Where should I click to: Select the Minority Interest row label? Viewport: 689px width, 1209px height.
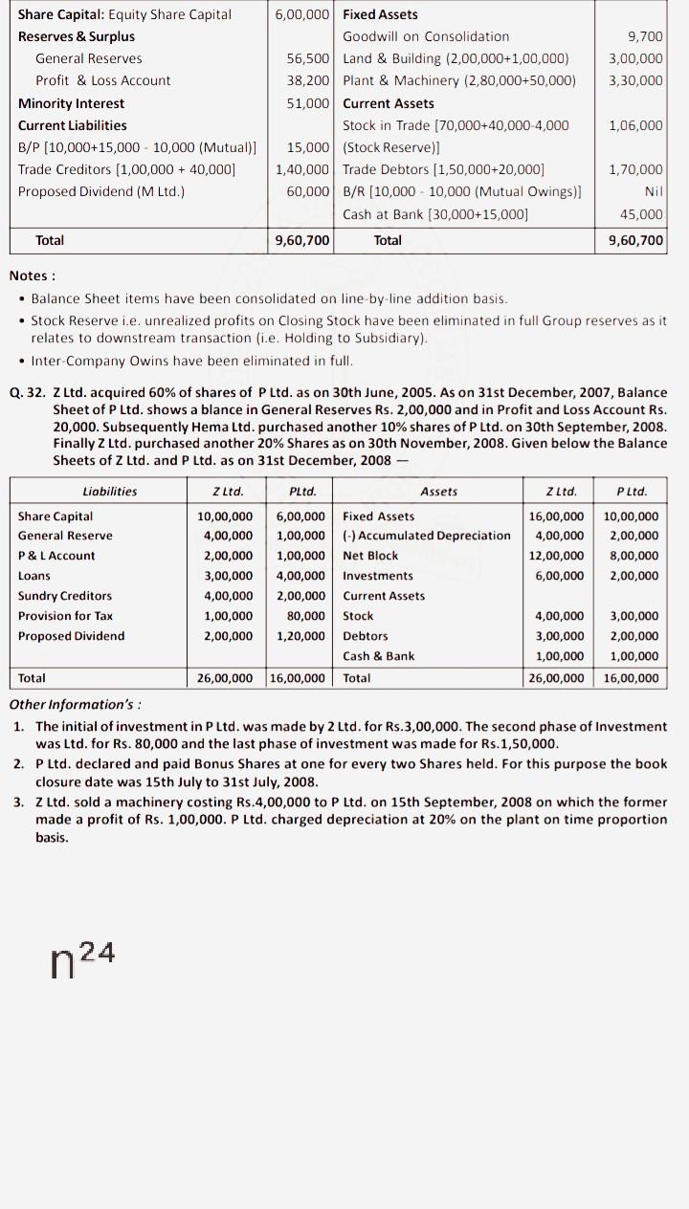click(71, 103)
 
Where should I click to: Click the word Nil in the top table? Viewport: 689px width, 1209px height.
click(654, 192)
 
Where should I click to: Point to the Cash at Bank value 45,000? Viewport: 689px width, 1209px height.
click(641, 214)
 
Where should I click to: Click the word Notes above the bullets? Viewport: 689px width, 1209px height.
click(32, 276)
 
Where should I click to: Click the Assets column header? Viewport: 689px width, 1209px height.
click(438, 492)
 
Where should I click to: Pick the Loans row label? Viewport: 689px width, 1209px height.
click(34, 576)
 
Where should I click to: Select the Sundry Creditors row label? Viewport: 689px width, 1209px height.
click(64, 596)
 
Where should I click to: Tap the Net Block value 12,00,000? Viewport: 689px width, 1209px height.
click(556, 556)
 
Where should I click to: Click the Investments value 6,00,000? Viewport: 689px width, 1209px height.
click(556, 576)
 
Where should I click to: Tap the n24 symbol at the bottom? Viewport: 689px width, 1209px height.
click(82, 956)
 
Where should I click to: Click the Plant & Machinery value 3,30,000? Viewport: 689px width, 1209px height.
click(635, 80)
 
